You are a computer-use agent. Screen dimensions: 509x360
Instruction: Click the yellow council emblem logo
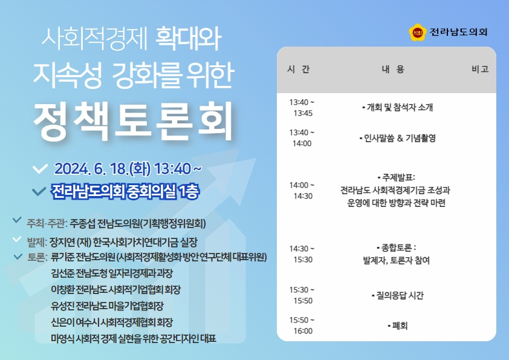coord(418,32)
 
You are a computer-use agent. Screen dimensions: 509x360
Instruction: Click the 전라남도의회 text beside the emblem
coord(458,32)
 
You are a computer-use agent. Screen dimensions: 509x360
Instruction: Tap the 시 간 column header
coord(298,69)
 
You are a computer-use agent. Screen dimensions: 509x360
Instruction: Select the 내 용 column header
coord(393,69)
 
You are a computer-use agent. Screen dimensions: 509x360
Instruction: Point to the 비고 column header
coord(480,69)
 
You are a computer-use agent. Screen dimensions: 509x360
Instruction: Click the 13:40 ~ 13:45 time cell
coord(302,108)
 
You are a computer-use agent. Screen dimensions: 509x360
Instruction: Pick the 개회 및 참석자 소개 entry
coord(397,107)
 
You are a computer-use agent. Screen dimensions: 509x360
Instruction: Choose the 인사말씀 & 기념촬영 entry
coord(397,138)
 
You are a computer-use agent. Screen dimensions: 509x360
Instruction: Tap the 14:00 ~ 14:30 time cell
coord(302,191)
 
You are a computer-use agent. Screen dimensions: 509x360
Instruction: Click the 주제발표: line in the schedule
coord(397,177)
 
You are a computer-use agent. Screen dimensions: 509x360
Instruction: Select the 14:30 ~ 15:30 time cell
coord(302,254)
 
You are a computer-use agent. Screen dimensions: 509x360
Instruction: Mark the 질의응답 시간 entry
coord(397,295)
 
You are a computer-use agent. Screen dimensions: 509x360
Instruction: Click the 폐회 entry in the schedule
coord(397,326)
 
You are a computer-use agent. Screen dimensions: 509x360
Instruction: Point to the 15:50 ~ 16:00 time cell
coord(302,326)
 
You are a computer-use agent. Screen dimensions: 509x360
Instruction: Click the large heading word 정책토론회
coord(133,121)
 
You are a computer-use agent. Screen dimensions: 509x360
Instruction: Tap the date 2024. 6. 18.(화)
coord(102,169)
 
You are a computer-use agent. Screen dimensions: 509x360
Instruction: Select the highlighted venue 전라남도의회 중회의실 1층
coord(125,192)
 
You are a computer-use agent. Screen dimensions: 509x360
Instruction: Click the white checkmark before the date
coord(41,169)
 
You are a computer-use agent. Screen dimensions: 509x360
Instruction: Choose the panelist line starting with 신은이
coord(112,322)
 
